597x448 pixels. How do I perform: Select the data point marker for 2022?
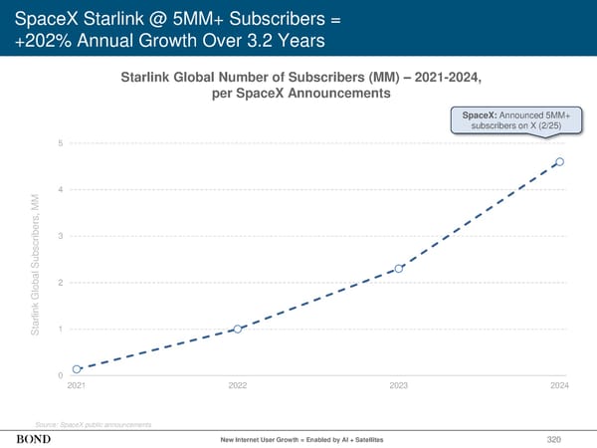click(x=238, y=329)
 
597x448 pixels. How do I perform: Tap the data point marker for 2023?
click(x=399, y=269)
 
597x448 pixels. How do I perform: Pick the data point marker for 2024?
click(x=560, y=161)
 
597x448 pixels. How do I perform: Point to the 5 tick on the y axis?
click(x=61, y=143)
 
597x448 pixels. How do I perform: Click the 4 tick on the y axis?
click(x=61, y=189)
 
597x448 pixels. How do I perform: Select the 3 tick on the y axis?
click(x=61, y=236)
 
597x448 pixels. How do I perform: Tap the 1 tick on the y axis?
click(x=61, y=329)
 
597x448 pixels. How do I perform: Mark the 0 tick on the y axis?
click(x=61, y=375)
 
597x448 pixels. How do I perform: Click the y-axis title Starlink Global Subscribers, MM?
click(x=37, y=261)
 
